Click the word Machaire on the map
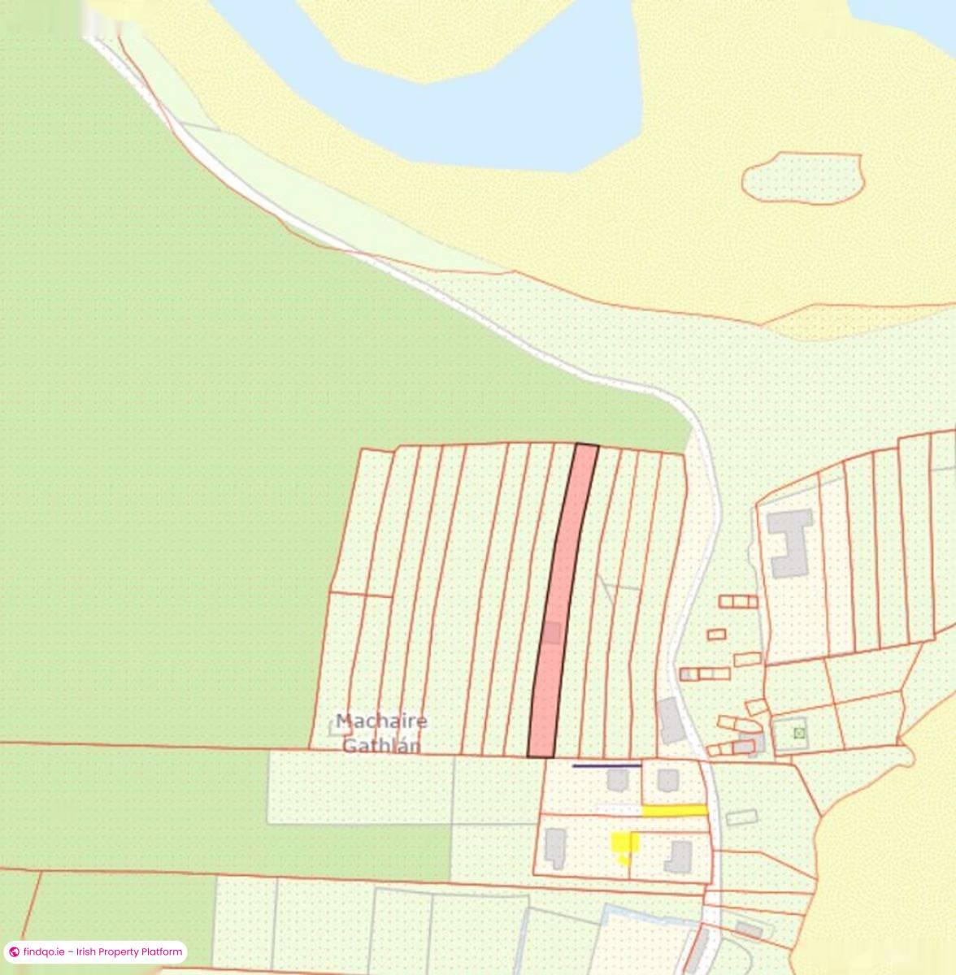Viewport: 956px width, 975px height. tap(381, 721)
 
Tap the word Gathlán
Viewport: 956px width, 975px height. tap(381, 745)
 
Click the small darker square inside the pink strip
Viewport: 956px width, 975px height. tap(552, 633)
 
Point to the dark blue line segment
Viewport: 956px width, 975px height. tap(606, 765)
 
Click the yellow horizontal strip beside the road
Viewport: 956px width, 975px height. tap(674, 810)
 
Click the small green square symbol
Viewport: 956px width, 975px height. tap(798, 733)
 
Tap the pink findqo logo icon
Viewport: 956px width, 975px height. tap(14, 951)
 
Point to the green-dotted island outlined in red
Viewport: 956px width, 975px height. tap(802, 178)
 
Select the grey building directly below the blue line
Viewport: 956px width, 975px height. tap(618, 781)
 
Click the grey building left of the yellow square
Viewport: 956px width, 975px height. tap(556, 847)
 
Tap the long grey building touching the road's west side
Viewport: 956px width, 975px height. tap(671, 720)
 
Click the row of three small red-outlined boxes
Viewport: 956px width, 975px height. tap(738, 601)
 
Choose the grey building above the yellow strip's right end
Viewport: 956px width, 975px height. tap(667, 781)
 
